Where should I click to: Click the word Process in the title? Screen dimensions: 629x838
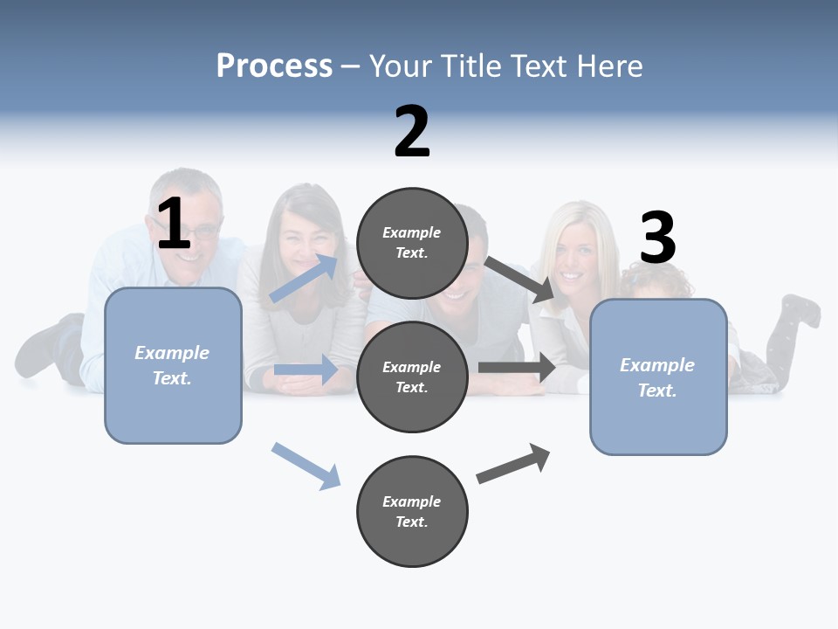point(274,66)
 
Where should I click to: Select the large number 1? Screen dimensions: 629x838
point(174,224)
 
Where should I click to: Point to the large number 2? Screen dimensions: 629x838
point(412,132)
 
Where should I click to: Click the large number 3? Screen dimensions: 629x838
point(657,238)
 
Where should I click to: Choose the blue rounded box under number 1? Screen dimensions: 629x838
point(173,365)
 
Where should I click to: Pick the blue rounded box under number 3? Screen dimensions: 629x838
point(658,377)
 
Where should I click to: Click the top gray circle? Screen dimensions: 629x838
point(412,243)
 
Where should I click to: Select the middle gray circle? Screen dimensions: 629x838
point(412,377)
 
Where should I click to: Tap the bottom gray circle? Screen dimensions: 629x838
point(412,511)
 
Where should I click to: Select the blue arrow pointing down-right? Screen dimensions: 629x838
point(306,466)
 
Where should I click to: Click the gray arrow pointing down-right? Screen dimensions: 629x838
point(520,280)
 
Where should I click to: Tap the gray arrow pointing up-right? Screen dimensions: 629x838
point(514,463)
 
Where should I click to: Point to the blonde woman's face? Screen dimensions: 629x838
point(572,258)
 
